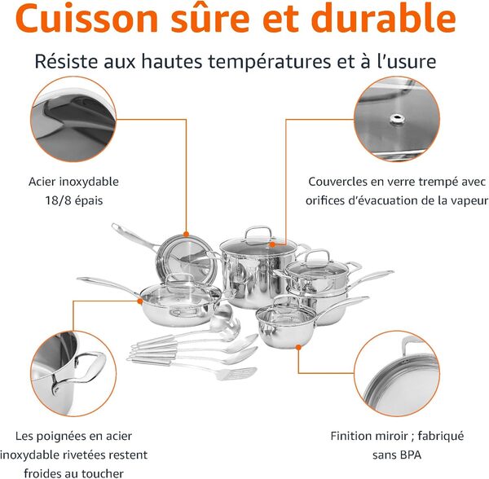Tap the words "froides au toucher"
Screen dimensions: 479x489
coord(73,472)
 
